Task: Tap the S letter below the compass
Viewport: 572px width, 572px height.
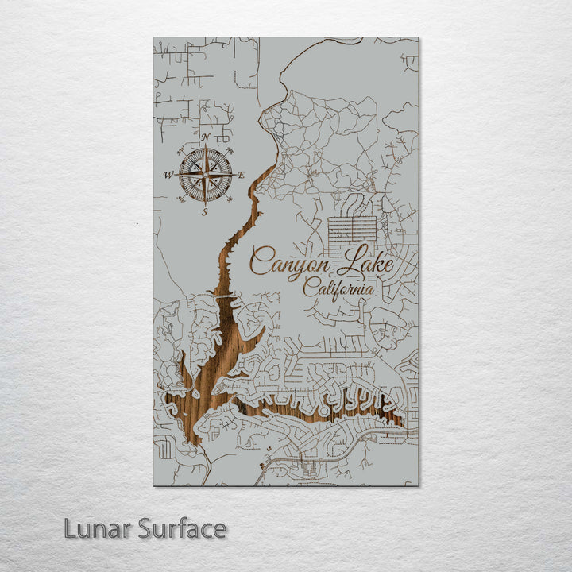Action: click(205, 211)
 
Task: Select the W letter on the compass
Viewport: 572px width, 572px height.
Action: click(168, 175)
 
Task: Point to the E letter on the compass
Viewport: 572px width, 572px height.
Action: click(242, 175)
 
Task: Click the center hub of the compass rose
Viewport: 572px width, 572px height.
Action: click(205, 174)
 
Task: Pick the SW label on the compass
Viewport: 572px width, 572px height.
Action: click(181, 199)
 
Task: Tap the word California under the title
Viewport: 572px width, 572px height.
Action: click(338, 289)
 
